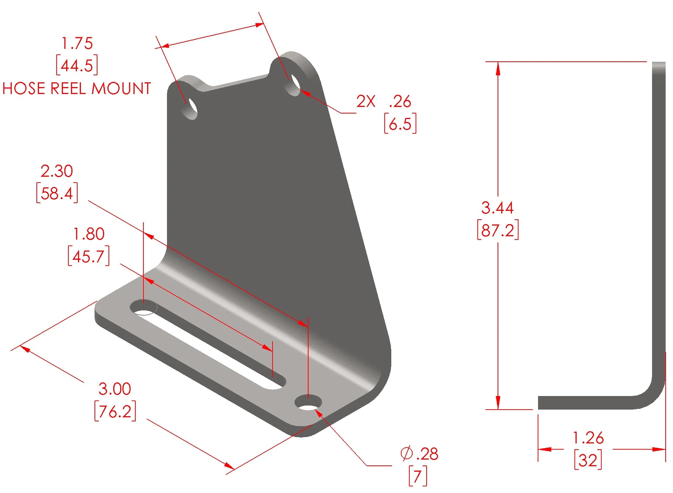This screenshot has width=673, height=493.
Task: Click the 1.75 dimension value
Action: click(77, 43)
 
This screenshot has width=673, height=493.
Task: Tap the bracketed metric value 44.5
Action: click(77, 66)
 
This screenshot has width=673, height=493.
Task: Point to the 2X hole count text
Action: click(366, 101)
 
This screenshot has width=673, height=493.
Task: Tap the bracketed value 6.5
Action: click(400, 124)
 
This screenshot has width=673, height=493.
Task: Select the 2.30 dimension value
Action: click(57, 171)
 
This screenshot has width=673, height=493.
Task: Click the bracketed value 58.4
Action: click(57, 193)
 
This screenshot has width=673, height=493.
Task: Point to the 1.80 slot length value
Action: click(89, 234)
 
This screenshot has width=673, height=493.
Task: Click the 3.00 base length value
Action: click(115, 389)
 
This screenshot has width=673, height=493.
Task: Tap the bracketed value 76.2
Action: click(115, 411)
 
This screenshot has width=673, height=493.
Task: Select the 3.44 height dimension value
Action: click(497, 208)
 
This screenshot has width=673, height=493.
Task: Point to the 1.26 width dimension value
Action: click(588, 438)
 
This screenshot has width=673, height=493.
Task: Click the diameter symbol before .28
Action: click(406, 454)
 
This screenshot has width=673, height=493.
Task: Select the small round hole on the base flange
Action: click(308, 403)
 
